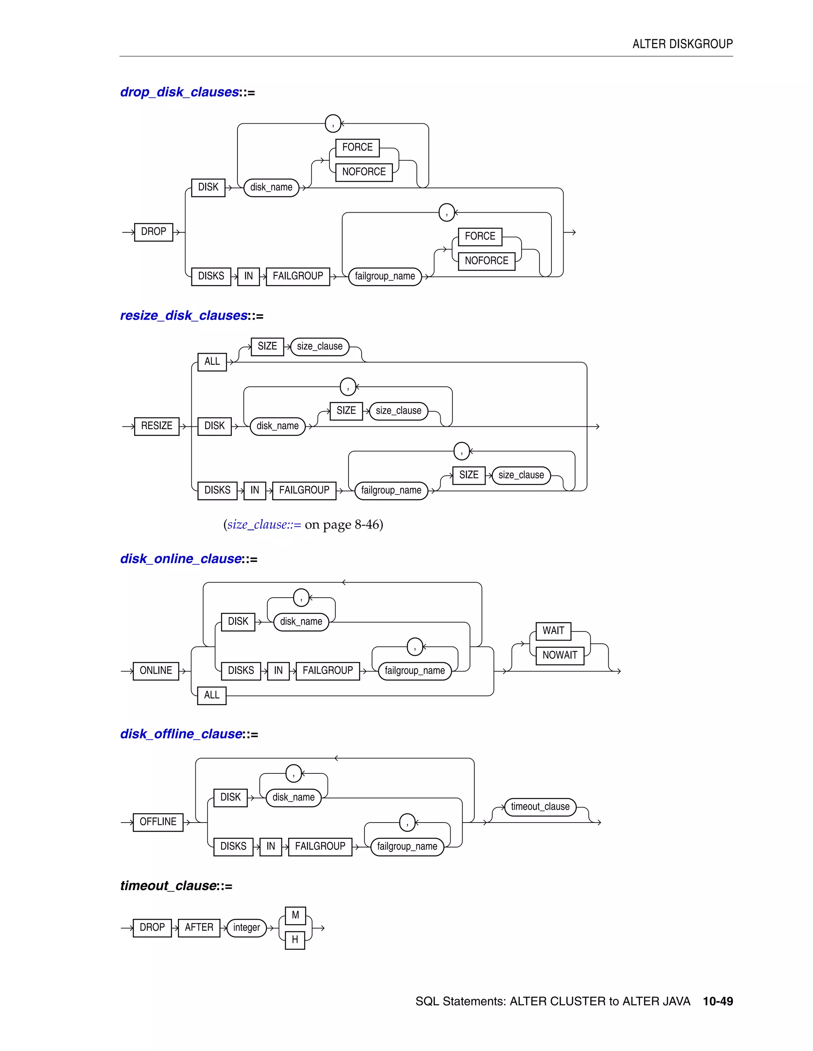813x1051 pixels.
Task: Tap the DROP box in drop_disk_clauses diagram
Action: pos(154,232)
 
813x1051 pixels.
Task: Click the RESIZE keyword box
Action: pos(156,426)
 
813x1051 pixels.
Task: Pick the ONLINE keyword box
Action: pos(156,670)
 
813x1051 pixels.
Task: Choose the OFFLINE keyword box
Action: pos(158,821)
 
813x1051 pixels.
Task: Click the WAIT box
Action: pos(553,631)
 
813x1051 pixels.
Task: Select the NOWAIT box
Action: pos(560,655)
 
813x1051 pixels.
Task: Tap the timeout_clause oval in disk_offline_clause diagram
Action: pos(540,807)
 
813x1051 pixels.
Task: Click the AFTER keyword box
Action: pos(199,927)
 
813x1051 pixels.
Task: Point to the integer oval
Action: pos(246,927)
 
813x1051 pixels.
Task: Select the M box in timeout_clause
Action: pos(295,915)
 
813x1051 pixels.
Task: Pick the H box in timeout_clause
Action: pos(295,939)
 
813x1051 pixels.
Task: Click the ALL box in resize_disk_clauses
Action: pos(212,361)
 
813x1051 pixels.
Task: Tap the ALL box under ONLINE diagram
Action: pos(212,695)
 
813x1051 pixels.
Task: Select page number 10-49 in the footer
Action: pos(718,1001)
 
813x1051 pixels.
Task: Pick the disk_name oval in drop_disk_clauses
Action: pos(271,187)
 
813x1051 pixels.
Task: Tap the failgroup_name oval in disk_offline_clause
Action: pos(407,846)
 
